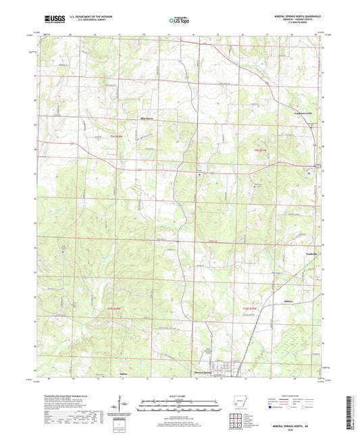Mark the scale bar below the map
click(179, 403)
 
